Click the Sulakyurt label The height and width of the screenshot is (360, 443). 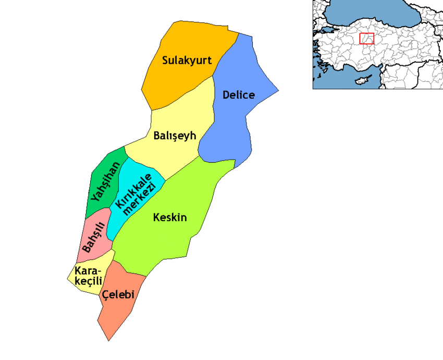click(x=187, y=61)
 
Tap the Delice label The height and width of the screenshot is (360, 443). click(x=238, y=95)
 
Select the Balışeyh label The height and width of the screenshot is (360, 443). click(x=175, y=136)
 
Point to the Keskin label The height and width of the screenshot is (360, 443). click(x=170, y=218)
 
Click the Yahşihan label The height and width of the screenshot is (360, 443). click(x=105, y=182)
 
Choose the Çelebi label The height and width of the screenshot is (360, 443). click(x=118, y=295)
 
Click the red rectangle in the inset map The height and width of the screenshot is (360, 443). click(x=366, y=39)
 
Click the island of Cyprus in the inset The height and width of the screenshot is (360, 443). click(x=359, y=81)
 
